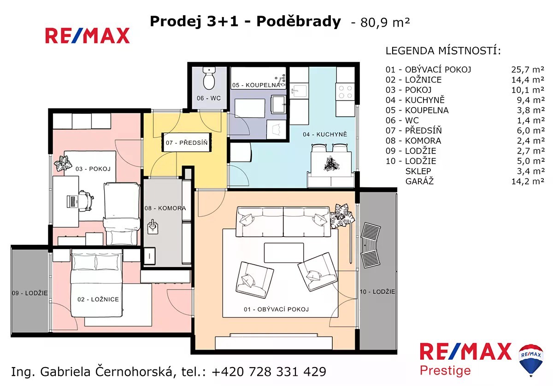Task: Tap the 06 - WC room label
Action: point(209,98)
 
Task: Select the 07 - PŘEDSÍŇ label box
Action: point(187,143)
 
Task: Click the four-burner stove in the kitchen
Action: point(345,92)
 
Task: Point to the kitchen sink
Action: point(299,91)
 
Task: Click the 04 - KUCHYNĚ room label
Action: point(325,135)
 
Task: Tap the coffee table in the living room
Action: point(284,253)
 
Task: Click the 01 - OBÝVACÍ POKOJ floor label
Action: point(276,309)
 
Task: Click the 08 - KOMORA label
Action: point(165,208)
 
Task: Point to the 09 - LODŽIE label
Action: point(29,293)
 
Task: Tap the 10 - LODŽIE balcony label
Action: point(377,292)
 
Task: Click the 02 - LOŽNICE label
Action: point(98,299)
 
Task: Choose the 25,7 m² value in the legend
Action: point(528,70)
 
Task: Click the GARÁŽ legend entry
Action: point(419,182)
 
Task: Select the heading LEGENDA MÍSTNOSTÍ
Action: point(443,51)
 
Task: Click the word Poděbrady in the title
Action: point(299,22)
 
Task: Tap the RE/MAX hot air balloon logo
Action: point(531,360)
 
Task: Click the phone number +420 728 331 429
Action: point(269,372)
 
